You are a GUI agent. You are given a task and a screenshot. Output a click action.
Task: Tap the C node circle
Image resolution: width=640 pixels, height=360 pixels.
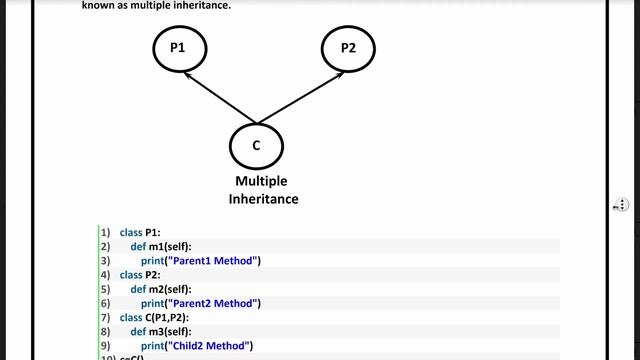pos(256,146)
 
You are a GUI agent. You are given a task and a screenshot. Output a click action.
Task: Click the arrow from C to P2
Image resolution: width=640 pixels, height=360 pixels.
pos(300,97)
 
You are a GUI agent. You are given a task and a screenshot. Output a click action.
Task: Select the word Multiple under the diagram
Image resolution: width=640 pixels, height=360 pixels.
pos(261,182)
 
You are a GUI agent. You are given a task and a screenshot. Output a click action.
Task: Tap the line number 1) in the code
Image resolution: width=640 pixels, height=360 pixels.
pos(104,232)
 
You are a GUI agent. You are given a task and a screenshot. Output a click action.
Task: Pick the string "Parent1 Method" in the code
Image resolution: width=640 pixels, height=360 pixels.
pos(214,261)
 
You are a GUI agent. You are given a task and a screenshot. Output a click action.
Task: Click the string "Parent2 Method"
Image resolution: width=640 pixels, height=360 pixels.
pos(214,303)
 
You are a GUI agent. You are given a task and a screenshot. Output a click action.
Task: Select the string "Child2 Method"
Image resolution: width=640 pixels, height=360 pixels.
pos(210,345)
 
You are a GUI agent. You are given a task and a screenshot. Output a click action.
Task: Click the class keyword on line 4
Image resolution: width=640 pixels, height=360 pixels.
pos(131,274)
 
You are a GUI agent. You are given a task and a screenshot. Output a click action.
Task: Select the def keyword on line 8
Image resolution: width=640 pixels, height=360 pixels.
pos(138,331)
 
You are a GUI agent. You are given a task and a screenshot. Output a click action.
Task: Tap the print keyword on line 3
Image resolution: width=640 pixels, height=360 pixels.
pos(152,261)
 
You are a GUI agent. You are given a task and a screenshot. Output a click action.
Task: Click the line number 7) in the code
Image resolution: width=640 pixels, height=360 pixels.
pos(104,317)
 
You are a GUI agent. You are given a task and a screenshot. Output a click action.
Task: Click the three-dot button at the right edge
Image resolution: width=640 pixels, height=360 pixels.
pos(620,205)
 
